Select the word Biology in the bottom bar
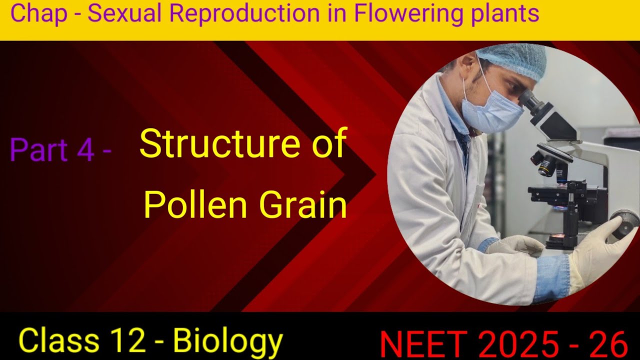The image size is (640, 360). pyautogui.click(x=228, y=340)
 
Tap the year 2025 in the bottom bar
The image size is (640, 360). pyautogui.click(x=518, y=344)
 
